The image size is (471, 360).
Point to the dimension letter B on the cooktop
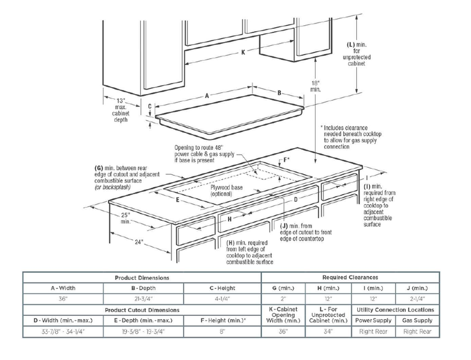pos(279,92)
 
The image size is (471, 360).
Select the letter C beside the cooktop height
pos(150,106)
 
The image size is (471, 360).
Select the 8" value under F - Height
pos(223,332)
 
